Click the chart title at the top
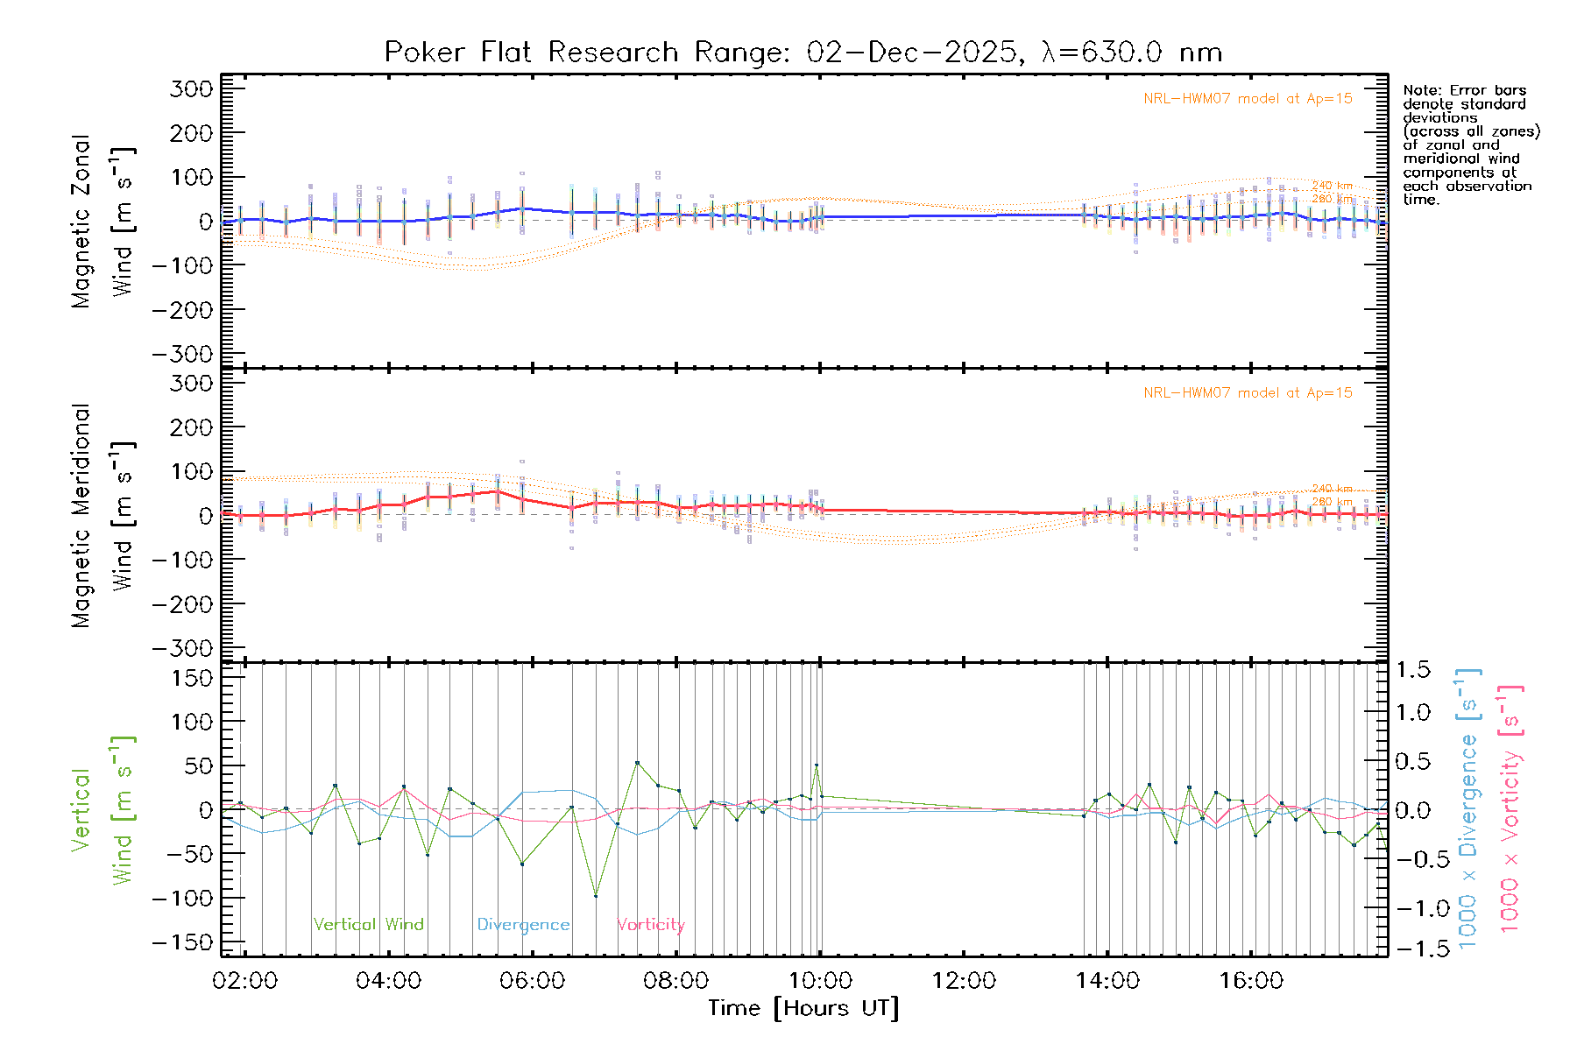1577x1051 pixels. pyautogui.click(x=803, y=53)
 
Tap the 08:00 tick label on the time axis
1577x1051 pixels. pyautogui.click(x=675, y=981)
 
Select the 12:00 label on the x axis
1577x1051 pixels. pyautogui.click(x=964, y=981)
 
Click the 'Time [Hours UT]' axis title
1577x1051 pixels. pyautogui.click(x=803, y=1008)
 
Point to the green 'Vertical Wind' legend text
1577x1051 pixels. pyautogui.click(x=368, y=924)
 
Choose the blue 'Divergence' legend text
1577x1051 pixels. pyautogui.click(x=523, y=924)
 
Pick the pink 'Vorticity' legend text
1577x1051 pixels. pyautogui.click(x=650, y=924)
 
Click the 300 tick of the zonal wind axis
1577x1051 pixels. pyautogui.click(x=191, y=88)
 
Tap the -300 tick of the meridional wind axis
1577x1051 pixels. pyautogui.click(x=182, y=648)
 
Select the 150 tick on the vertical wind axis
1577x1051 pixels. pyautogui.click(x=191, y=678)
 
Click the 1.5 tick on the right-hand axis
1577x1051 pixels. pyautogui.click(x=1413, y=670)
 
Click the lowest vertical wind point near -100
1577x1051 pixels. pyautogui.click(x=596, y=896)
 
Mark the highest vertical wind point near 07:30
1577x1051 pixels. pyautogui.click(x=637, y=763)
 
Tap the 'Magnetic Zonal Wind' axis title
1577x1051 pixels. pyautogui.click(x=103, y=222)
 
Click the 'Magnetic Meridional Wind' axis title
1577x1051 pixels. pyautogui.click(x=103, y=516)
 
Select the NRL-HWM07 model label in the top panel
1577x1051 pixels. pyautogui.click(x=1248, y=99)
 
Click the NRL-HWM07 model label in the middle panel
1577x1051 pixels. pyautogui.click(x=1248, y=393)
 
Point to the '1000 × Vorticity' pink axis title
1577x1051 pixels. pyautogui.click(x=1510, y=808)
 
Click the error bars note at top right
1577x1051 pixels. pyautogui.click(x=1470, y=145)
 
